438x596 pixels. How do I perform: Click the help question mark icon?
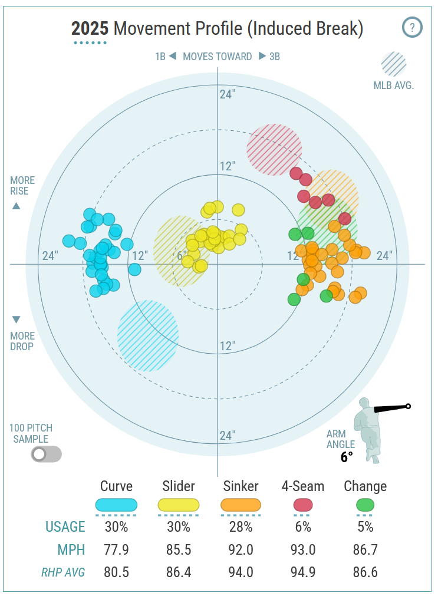click(x=412, y=27)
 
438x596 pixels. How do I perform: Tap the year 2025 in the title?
click(x=90, y=28)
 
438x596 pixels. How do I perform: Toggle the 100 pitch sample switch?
click(x=47, y=454)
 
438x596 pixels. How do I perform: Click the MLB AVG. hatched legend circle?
click(x=394, y=64)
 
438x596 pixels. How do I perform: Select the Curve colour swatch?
click(x=116, y=505)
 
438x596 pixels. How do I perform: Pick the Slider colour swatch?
click(x=179, y=505)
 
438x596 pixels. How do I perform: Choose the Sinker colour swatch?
click(x=241, y=505)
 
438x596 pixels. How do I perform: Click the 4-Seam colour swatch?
click(x=303, y=505)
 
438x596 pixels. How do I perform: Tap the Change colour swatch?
click(x=365, y=505)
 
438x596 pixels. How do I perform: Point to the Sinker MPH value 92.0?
click(x=241, y=550)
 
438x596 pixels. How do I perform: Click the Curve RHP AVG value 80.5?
click(x=116, y=572)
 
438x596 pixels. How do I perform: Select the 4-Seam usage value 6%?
click(x=303, y=526)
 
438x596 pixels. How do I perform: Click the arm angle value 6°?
click(x=346, y=456)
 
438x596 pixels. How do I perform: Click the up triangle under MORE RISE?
click(x=17, y=206)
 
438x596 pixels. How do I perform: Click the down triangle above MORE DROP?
click(x=17, y=320)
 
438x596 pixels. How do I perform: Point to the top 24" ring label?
click(x=228, y=94)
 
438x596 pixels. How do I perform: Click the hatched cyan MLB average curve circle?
click(x=147, y=335)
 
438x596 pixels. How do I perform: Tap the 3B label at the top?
click(x=274, y=57)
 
